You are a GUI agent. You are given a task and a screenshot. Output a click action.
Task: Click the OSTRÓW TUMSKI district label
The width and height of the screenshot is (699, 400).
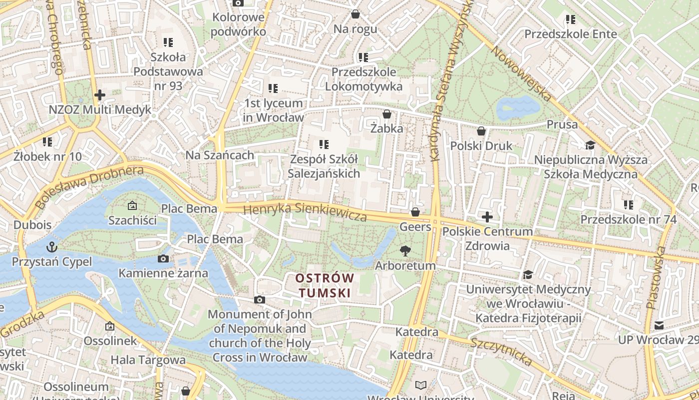pyautogui.click(x=325, y=285)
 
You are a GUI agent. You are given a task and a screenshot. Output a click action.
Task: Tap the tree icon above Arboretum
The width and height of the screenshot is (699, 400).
pyautogui.click(x=405, y=251)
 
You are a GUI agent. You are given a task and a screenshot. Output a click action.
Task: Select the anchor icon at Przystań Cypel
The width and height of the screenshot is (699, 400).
pyautogui.click(x=51, y=247)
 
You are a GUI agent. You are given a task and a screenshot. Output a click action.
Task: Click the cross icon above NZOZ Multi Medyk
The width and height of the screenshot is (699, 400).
pyautogui.click(x=99, y=94)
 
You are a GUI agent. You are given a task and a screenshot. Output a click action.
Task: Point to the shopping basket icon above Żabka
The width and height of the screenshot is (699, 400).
pyautogui.click(x=386, y=114)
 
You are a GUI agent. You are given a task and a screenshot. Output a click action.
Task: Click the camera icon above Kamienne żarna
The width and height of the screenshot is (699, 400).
pyautogui.click(x=163, y=258)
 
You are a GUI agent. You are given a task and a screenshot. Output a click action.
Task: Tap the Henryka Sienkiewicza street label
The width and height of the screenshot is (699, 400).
pyautogui.click(x=305, y=212)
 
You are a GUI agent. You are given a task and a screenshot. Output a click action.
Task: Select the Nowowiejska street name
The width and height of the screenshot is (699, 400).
pyautogui.click(x=521, y=74)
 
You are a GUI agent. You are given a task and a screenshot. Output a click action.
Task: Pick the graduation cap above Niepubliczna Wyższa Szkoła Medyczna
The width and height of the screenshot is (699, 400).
pyautogui.click(x=590, y=145)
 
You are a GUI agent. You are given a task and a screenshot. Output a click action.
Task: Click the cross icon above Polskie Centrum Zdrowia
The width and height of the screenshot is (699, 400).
pyautogui.click(x=487, y=217)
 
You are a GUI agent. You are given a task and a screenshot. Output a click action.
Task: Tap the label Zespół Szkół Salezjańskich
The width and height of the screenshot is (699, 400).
pyautogui.click(x=324, y=166)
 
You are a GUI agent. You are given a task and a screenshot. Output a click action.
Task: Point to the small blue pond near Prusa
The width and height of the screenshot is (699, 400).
pyautogui.click(x=518, y=106)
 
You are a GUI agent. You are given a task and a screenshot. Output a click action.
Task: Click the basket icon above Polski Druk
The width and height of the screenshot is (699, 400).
pyautogui.click(x=481, y=131)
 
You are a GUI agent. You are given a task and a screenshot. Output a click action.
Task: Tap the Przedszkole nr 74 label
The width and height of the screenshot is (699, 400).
pyautogui.click(x=628, y=219)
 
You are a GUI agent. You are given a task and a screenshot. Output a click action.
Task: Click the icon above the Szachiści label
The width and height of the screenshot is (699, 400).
pyautogui.click(x=132, y=205)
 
